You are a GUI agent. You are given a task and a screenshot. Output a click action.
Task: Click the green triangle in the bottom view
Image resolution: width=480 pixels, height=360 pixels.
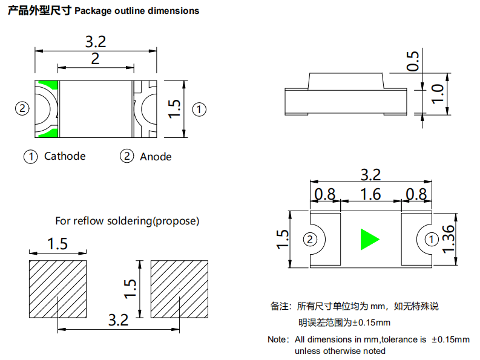369,239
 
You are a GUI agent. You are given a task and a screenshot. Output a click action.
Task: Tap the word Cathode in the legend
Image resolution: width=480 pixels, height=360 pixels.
65,156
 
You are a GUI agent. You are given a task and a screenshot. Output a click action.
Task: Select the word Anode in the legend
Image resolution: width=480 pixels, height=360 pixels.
156,157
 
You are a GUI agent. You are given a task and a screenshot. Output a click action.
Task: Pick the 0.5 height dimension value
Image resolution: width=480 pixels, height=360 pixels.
413,61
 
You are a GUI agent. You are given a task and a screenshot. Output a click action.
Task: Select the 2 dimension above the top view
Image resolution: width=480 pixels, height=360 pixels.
95,59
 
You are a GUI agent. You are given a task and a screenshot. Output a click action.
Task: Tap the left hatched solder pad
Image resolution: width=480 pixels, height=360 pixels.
58,289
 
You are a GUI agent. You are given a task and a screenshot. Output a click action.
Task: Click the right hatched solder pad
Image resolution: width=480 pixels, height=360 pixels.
180,289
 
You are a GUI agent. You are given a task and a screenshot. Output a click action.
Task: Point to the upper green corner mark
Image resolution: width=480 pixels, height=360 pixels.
48,86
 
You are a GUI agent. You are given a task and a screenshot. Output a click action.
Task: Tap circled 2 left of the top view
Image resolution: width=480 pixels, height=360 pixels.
22,109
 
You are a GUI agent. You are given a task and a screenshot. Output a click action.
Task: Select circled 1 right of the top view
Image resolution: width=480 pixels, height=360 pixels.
199,110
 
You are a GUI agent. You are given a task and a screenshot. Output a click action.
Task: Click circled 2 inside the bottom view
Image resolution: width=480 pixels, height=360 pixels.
311,240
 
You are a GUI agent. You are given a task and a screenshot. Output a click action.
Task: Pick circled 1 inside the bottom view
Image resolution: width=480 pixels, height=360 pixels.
430,240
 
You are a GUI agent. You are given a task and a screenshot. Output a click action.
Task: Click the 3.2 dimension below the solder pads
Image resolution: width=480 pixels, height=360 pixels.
118,319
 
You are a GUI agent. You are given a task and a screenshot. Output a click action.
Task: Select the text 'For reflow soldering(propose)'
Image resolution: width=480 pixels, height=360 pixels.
127,221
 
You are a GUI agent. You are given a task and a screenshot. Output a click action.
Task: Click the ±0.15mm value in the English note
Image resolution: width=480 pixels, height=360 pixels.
451,339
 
